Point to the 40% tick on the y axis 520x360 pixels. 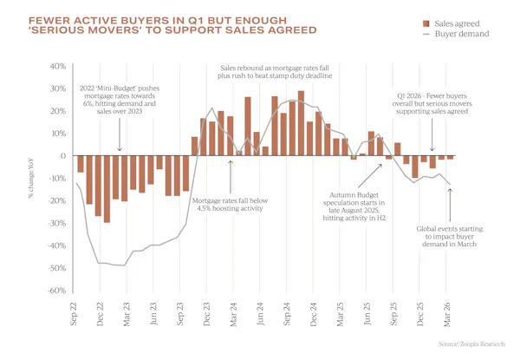point(57,67)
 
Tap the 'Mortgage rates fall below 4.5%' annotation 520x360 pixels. point(231,206)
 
